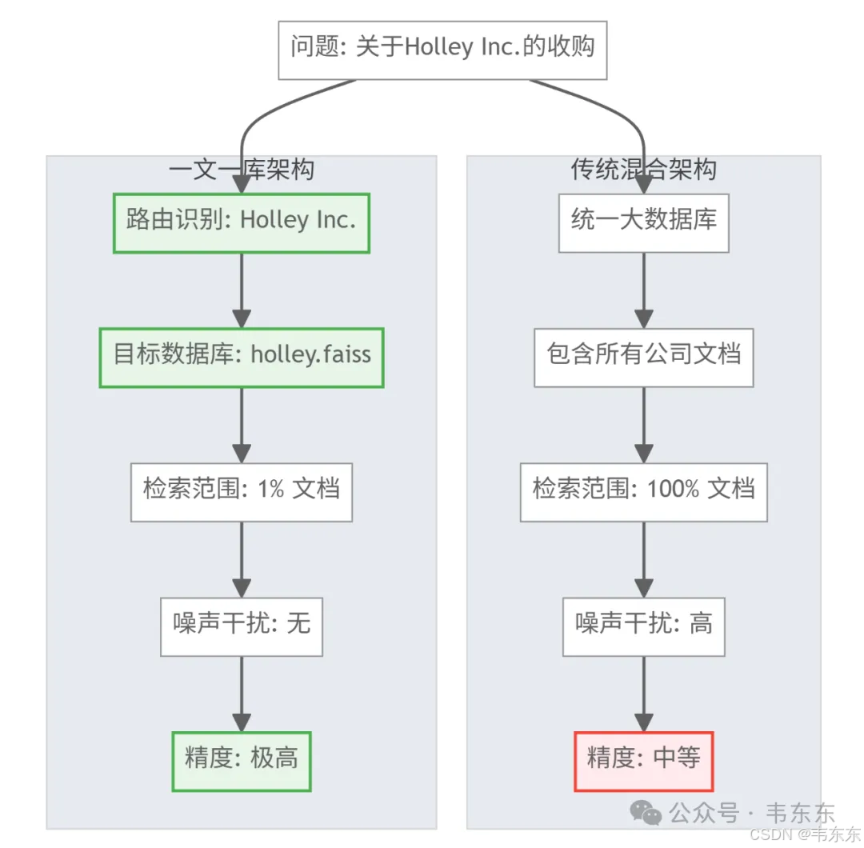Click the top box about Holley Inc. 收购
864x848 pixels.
(442, 50)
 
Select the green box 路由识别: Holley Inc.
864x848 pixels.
(241, 222)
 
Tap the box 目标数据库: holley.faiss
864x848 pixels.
(241, 357)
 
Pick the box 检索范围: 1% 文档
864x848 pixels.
(241, 491)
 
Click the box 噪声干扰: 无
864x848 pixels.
(241, 626)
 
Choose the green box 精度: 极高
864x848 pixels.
(241, 761)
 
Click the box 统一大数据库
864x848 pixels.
(643, 222)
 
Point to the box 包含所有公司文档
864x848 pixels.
(643, 357)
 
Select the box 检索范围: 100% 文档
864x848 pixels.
(643, 491)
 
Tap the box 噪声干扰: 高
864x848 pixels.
(643, 626)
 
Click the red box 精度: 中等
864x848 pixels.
(643, 761)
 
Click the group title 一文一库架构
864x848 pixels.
(241, 170)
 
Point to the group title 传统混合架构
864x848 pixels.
(643, 170)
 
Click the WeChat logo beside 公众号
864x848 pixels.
(646, 814)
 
